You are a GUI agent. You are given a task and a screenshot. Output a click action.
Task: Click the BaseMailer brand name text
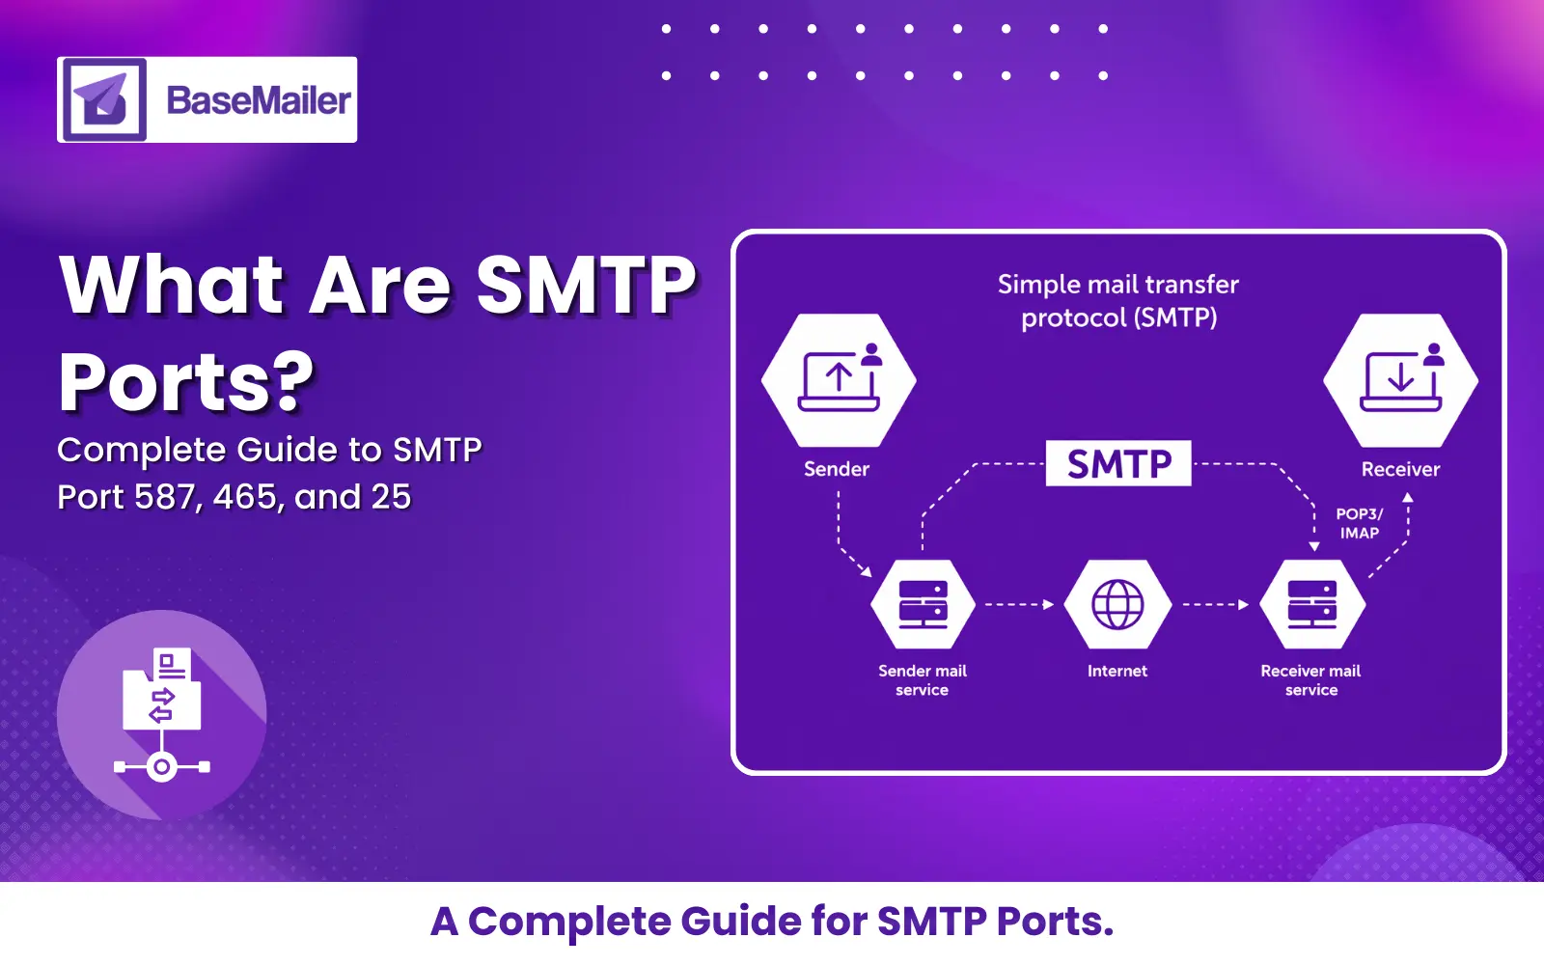point(258,100)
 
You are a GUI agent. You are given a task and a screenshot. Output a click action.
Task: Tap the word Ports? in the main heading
point(186,382)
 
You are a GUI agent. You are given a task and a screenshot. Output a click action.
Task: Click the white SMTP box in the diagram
point(1118,464)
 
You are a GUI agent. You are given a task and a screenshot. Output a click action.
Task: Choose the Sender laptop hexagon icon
point(839,380)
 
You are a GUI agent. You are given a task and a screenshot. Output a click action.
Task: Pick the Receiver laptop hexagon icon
point(1400,380)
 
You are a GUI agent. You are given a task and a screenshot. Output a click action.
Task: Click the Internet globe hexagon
point(1117,605)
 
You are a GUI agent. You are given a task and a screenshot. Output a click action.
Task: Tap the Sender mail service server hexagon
point(923,605)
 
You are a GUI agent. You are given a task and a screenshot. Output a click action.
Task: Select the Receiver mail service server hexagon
point(1311,605)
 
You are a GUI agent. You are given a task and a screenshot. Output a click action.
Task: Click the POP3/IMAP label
point(1359,523)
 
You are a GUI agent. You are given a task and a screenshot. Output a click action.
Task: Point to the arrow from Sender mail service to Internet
point(1018,605)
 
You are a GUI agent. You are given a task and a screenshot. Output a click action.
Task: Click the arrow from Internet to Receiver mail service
point(1215,605)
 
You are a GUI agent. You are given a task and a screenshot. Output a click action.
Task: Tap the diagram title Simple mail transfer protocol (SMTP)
point(1118,301)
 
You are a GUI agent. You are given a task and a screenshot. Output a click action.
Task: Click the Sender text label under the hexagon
point(837,469)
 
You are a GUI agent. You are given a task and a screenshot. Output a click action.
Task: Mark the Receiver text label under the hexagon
point(1400,469)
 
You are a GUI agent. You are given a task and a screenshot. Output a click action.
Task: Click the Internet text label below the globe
point(1117,671)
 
